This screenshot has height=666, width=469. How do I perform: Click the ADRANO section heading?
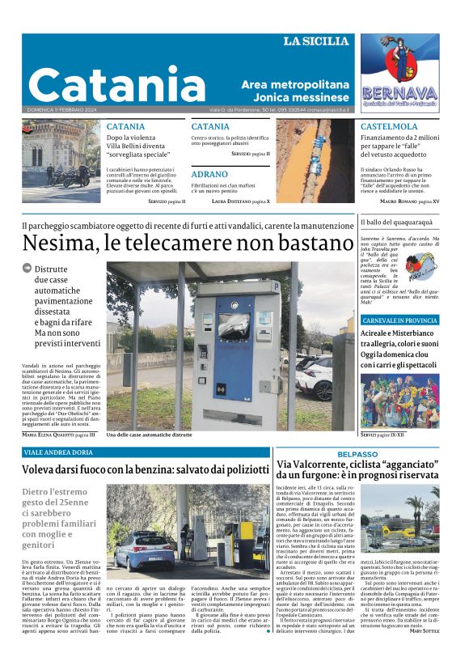(209, 174)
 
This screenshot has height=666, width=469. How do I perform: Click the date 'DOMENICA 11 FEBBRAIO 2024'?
(61, 109)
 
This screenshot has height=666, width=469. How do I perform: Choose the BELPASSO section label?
(357, 455)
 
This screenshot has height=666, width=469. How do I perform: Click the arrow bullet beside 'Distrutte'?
(27, 268)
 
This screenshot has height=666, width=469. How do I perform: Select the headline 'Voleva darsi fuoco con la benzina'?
(145, 469)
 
